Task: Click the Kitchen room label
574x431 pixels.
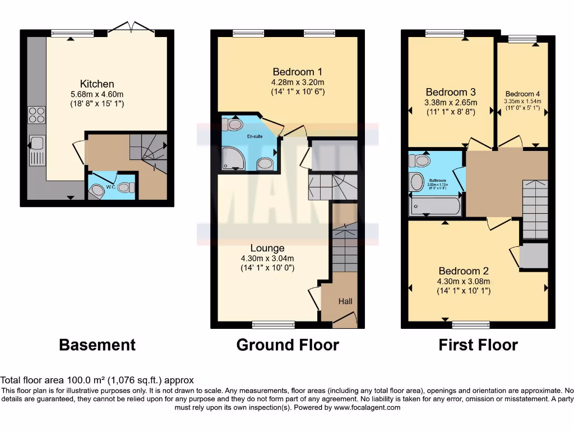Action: [x=97, y=84]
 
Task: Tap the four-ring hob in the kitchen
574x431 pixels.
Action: [x=36, y=114]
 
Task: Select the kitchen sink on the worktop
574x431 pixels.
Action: [x=37, y=150]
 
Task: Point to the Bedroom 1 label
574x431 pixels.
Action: [x=297, y=72]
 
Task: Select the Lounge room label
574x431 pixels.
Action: [x=267, y=248]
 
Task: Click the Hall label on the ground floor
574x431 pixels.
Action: [x=345, y=301]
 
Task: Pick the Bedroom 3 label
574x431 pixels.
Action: [x=451, y=92]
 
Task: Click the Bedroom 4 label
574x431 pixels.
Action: [x=522, y=94]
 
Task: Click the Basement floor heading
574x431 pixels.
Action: [x=97, y=344]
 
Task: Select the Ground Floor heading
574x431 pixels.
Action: [x=288, y=344]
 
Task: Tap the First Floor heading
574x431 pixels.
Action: [x=478, y=344]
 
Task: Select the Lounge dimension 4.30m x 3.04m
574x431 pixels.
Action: [x=267, y=258]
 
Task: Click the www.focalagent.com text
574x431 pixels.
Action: [x=368, y=407]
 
